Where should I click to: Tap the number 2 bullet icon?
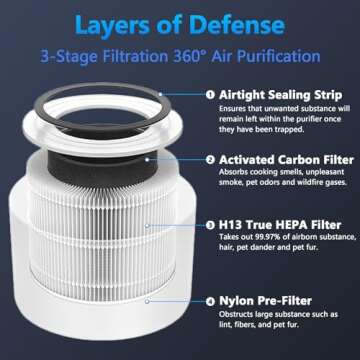(211, 158)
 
